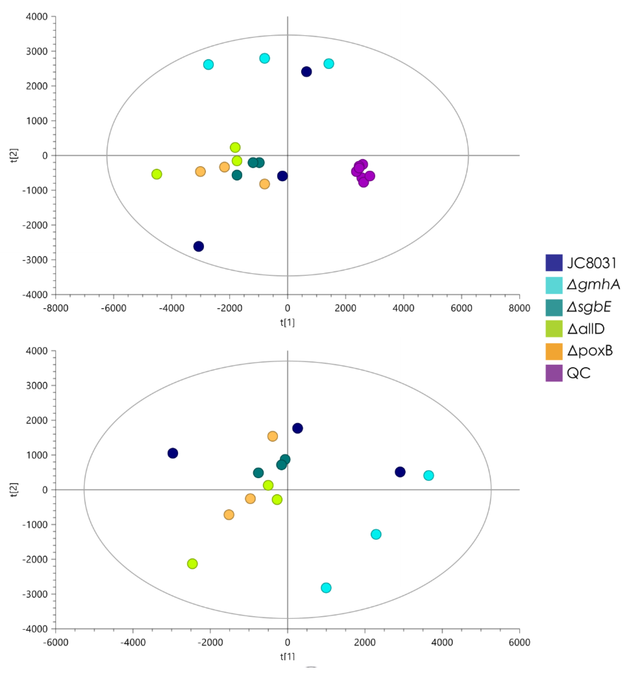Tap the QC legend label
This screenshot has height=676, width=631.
579,373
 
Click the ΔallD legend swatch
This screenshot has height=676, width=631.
554,329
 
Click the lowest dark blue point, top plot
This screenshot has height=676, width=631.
198,246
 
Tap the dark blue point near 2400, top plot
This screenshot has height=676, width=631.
306,72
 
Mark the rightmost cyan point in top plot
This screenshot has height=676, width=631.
328,64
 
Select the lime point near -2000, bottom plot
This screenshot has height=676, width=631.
192,563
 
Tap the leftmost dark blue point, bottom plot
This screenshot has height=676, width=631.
173,453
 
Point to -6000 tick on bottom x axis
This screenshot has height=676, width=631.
55,642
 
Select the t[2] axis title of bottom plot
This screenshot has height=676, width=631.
14,490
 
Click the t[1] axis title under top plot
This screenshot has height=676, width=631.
287,322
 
